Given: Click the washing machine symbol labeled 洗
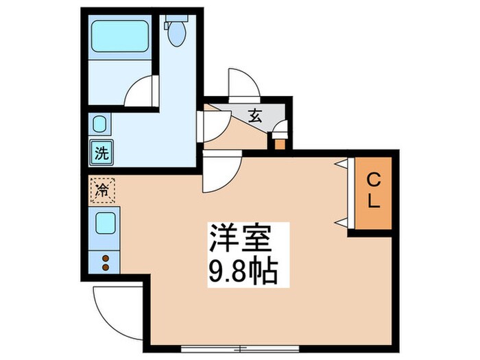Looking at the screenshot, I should (x=101, y=153).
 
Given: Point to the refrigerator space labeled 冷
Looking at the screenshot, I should (x=103, y=189).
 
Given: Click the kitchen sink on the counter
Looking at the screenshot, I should (x=105, y=224).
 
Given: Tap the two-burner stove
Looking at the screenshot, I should (x=105, y=263).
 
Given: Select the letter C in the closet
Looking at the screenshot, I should (x=373, y=180).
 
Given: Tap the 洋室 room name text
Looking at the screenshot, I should (x=240, y=241).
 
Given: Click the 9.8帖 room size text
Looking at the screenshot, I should (x=241, y=273).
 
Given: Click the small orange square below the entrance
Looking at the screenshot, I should (x=279, y=143).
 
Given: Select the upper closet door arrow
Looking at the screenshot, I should (x=340, y=164).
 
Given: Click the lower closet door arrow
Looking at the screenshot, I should (x=340, y=220).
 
